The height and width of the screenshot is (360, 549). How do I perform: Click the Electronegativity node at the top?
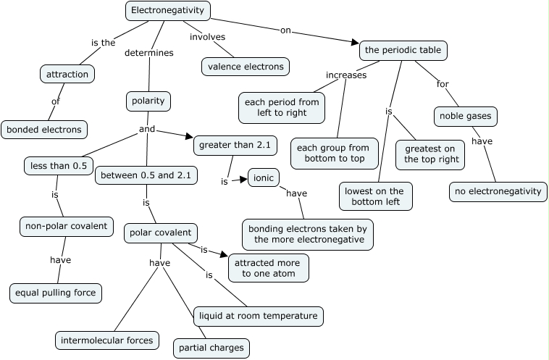(x=168, y=11)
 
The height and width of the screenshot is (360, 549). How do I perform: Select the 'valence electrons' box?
(x=246, y=67)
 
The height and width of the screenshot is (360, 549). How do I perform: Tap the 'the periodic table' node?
(x=403, y=51)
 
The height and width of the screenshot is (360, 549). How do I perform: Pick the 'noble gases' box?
(x=466, y=116)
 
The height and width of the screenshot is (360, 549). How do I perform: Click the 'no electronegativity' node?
(x=497, y=191)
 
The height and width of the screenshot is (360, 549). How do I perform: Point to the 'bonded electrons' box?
(x=44, y=130)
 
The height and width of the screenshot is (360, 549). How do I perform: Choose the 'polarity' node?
(x=148, y=101)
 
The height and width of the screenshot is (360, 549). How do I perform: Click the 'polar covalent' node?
(x=160, y=233)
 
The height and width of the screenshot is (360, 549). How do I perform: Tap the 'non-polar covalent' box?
(x=66, y=226)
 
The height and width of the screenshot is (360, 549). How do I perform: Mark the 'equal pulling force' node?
(x=56, y=293)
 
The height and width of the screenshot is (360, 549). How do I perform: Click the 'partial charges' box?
(x=211, y=348)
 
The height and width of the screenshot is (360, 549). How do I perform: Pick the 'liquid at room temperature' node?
(x=258, y=316)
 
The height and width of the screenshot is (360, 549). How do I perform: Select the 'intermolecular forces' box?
(x=106, y=339)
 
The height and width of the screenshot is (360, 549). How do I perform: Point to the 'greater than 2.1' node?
(x=235, y=145)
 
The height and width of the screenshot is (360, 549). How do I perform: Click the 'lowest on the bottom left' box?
(x=376, y=195)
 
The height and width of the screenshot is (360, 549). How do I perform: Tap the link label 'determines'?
(x=148, y=53)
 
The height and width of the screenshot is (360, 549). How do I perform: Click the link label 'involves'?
(x=207, y=37)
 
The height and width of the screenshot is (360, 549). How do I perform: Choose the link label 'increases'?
(x=346, y=75)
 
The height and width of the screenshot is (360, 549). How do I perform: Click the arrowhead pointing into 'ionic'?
(x=244, y=180)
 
